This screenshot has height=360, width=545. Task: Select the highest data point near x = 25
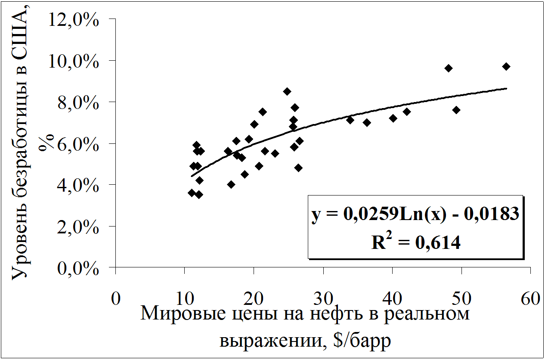coord(287,91)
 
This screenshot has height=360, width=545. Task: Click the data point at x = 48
coord(449,68)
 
